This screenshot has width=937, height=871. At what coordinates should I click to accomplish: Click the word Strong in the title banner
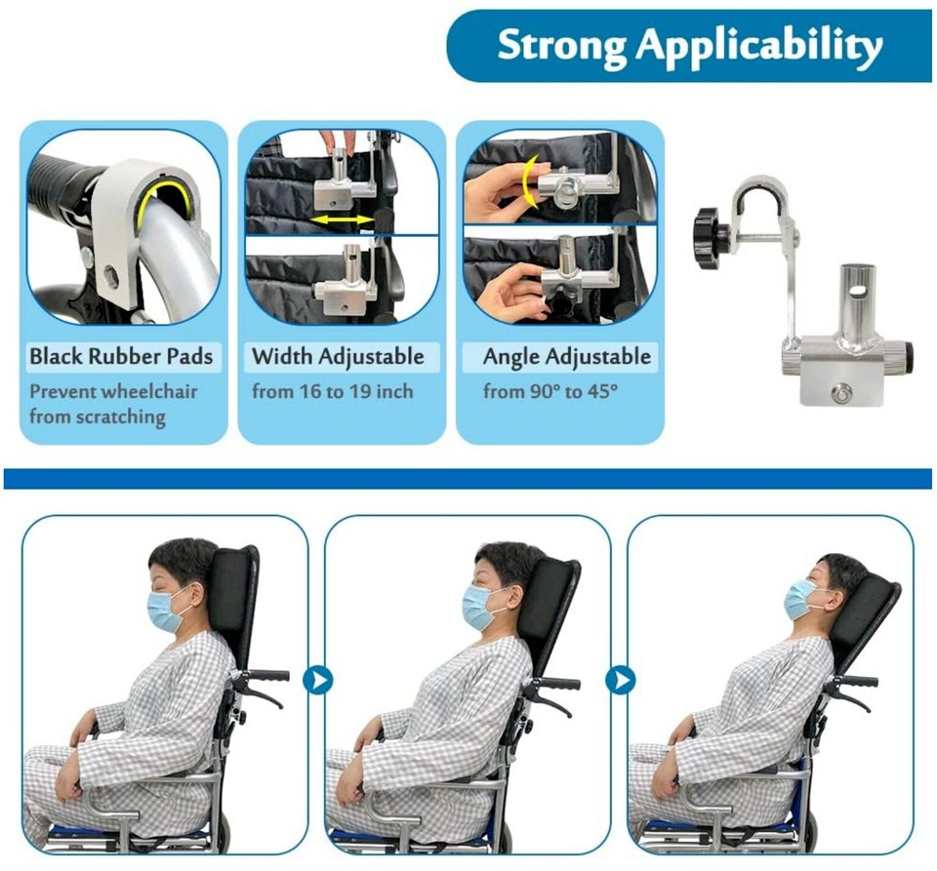click(560, 46)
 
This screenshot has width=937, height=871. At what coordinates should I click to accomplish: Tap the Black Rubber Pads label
click(121, 356)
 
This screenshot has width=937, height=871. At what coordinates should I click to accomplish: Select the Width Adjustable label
click(338, 356)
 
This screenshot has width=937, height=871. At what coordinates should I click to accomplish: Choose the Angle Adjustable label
click(566, 356)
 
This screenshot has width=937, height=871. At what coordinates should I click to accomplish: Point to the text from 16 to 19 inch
click(332, 392)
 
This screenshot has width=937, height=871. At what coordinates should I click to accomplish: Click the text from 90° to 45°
click(539, 392)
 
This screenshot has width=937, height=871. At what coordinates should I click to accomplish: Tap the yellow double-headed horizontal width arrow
click(341, 220)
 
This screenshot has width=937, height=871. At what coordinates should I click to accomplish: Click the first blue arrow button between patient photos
click(317, 680)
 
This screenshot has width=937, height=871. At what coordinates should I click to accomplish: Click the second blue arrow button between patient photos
click(620, 680)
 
